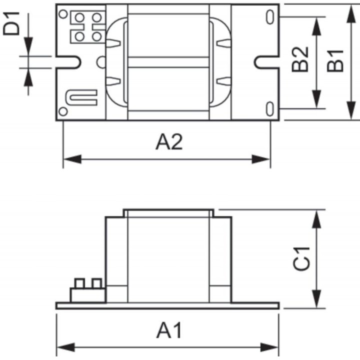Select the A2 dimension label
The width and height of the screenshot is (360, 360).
point(169,142)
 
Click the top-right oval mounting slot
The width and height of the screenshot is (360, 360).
point(271,17)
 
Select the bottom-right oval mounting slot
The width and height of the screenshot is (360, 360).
point(271,107)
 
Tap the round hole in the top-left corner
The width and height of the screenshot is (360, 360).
point(63,14)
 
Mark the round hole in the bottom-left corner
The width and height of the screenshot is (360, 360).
point(63,111)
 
